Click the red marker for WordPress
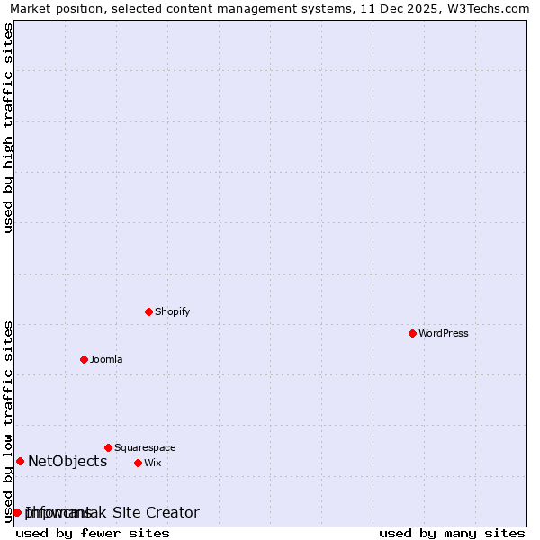tap(412, 333)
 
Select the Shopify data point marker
tap(148, 311)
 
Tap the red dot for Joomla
tap(84, 359)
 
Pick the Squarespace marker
tap(108, 447)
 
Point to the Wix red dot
tap(138, 463)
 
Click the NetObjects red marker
tap(20, 462)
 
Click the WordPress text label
tap(444, 333)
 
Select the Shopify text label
tap(172, 311)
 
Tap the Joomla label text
tap(106, 359)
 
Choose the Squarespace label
tap(145, 447)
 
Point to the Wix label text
tap(153, 463)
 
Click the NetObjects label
tap(67, 462)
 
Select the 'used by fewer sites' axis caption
tap(93, 533)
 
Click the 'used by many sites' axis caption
tap(452, 533)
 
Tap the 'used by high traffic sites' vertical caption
tap(8, 128)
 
